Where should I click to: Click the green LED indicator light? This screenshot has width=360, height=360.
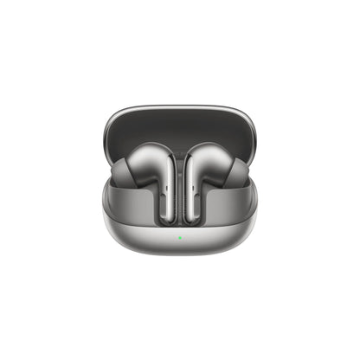click(x=180, y=237)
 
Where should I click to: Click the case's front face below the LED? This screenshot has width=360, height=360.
click(x=180, y=255)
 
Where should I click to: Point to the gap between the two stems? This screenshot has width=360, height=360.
click(x=180, y=186)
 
